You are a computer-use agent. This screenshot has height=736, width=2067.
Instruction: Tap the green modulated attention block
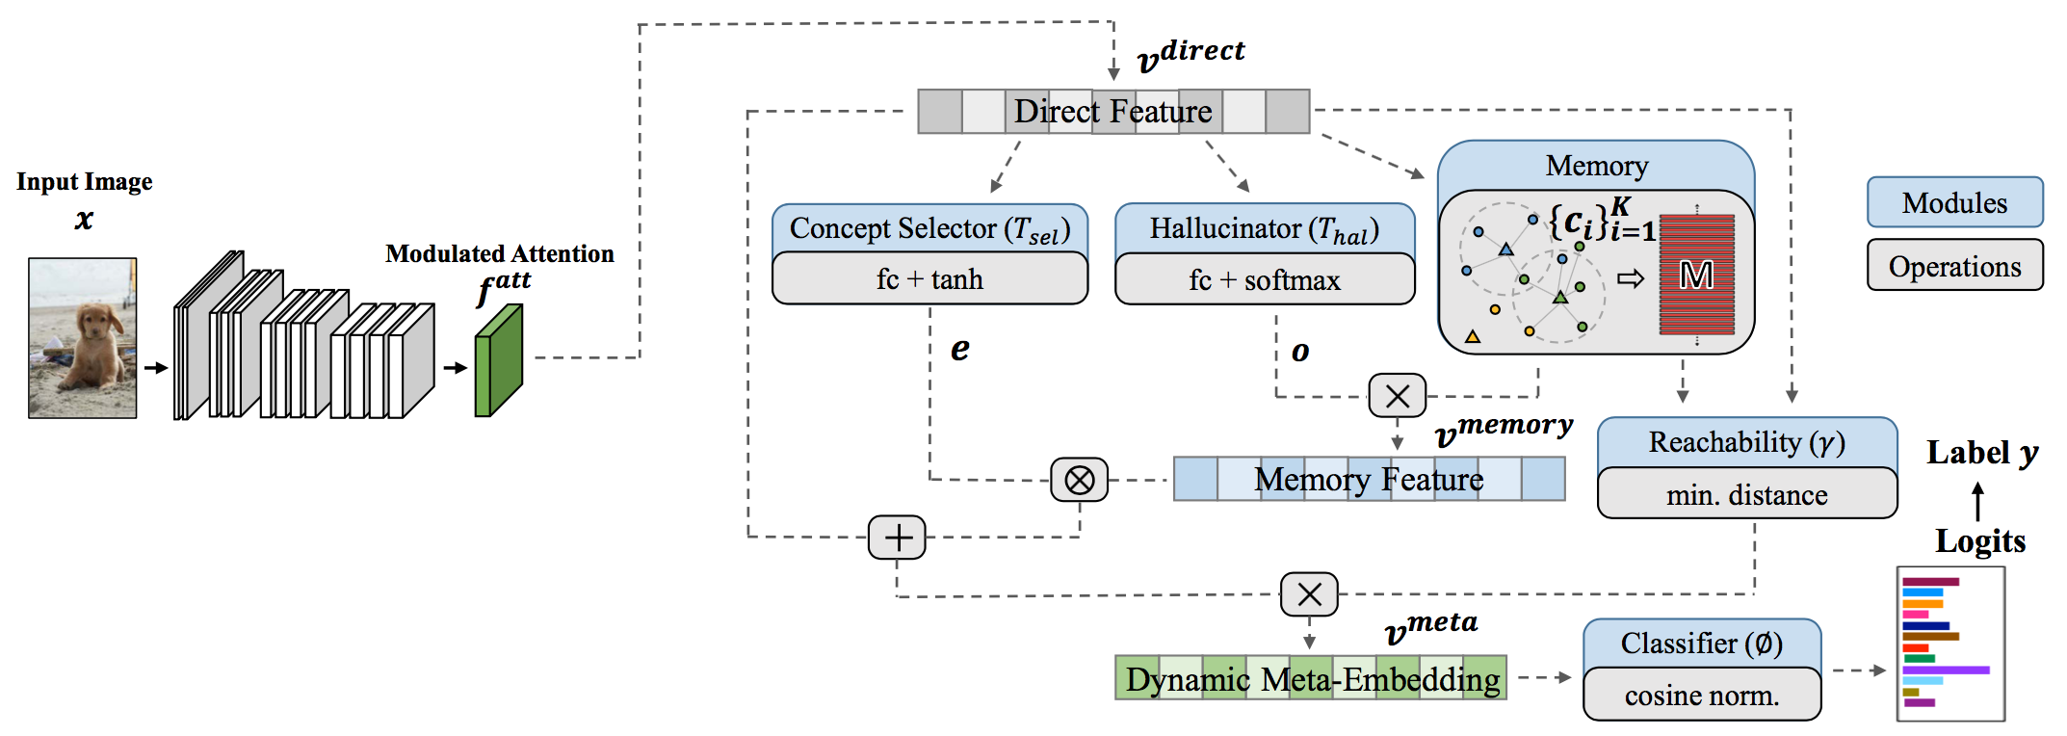[x=499, y=360]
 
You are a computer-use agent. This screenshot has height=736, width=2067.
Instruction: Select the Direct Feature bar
[x=1113, y=112]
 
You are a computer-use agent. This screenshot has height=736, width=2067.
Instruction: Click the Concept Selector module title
[x=930, y=229]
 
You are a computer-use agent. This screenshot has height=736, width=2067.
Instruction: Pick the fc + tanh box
[x=930, y=279]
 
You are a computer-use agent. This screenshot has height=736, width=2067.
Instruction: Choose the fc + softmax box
[x=1265, y=279]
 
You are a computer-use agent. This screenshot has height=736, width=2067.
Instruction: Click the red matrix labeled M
[x=1697, y=275]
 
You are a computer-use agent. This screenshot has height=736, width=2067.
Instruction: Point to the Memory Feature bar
[x=1369, y=479]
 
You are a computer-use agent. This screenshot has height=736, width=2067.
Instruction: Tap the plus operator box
[x=897, y=538]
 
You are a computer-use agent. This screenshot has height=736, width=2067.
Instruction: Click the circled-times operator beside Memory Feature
[x=1080, y=480]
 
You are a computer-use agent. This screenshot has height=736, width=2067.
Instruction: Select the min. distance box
[x=1747, y=494]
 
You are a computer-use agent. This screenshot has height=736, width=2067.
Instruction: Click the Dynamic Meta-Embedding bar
[x=1311, y=678]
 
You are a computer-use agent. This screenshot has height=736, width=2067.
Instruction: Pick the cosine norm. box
[x=1702, y=695]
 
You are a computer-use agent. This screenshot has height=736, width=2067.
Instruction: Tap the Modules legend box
[x=1955, y=202]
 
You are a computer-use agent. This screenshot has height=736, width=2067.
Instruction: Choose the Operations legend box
[x=1955, y=266]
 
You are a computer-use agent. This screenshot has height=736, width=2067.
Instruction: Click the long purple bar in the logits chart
[x=1946, y=670]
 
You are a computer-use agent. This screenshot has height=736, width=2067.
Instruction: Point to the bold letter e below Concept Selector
[x=960, y=349]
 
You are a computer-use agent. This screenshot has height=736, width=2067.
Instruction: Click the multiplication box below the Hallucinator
[x=1398, y=396]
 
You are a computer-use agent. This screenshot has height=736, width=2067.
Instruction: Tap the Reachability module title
[x=1747, y=442]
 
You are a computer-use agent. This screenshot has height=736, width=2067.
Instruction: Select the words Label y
[x=1982, y=453]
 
